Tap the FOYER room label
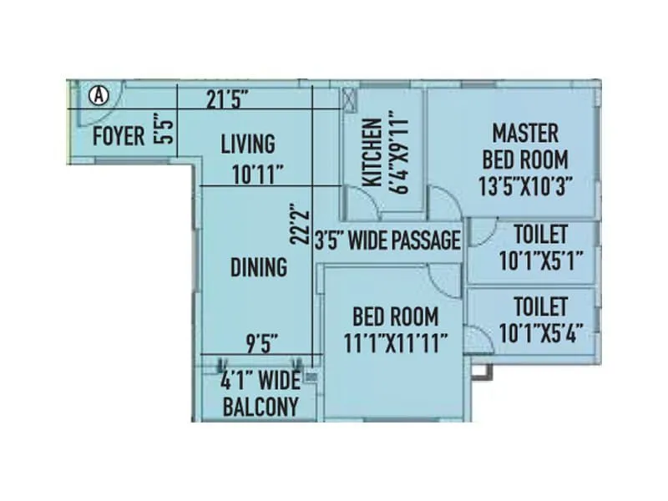pyautogui.click(x=118, y=136)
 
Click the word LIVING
pyautogui.click(x=247, y=144)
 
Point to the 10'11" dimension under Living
pyautogui.click(x=258, y=174)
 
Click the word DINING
pyautogui.click(x=258, y=268)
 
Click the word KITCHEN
pyautogui.click(x=373, y=151)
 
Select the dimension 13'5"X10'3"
pyautogui.click(x=524, y=185)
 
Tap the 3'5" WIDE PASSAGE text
pyautogui.click(x=387, y=241)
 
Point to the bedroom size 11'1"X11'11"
pyautogui.click(x=396, y=342)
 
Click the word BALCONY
pyautogui.click(x=260, y=407)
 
